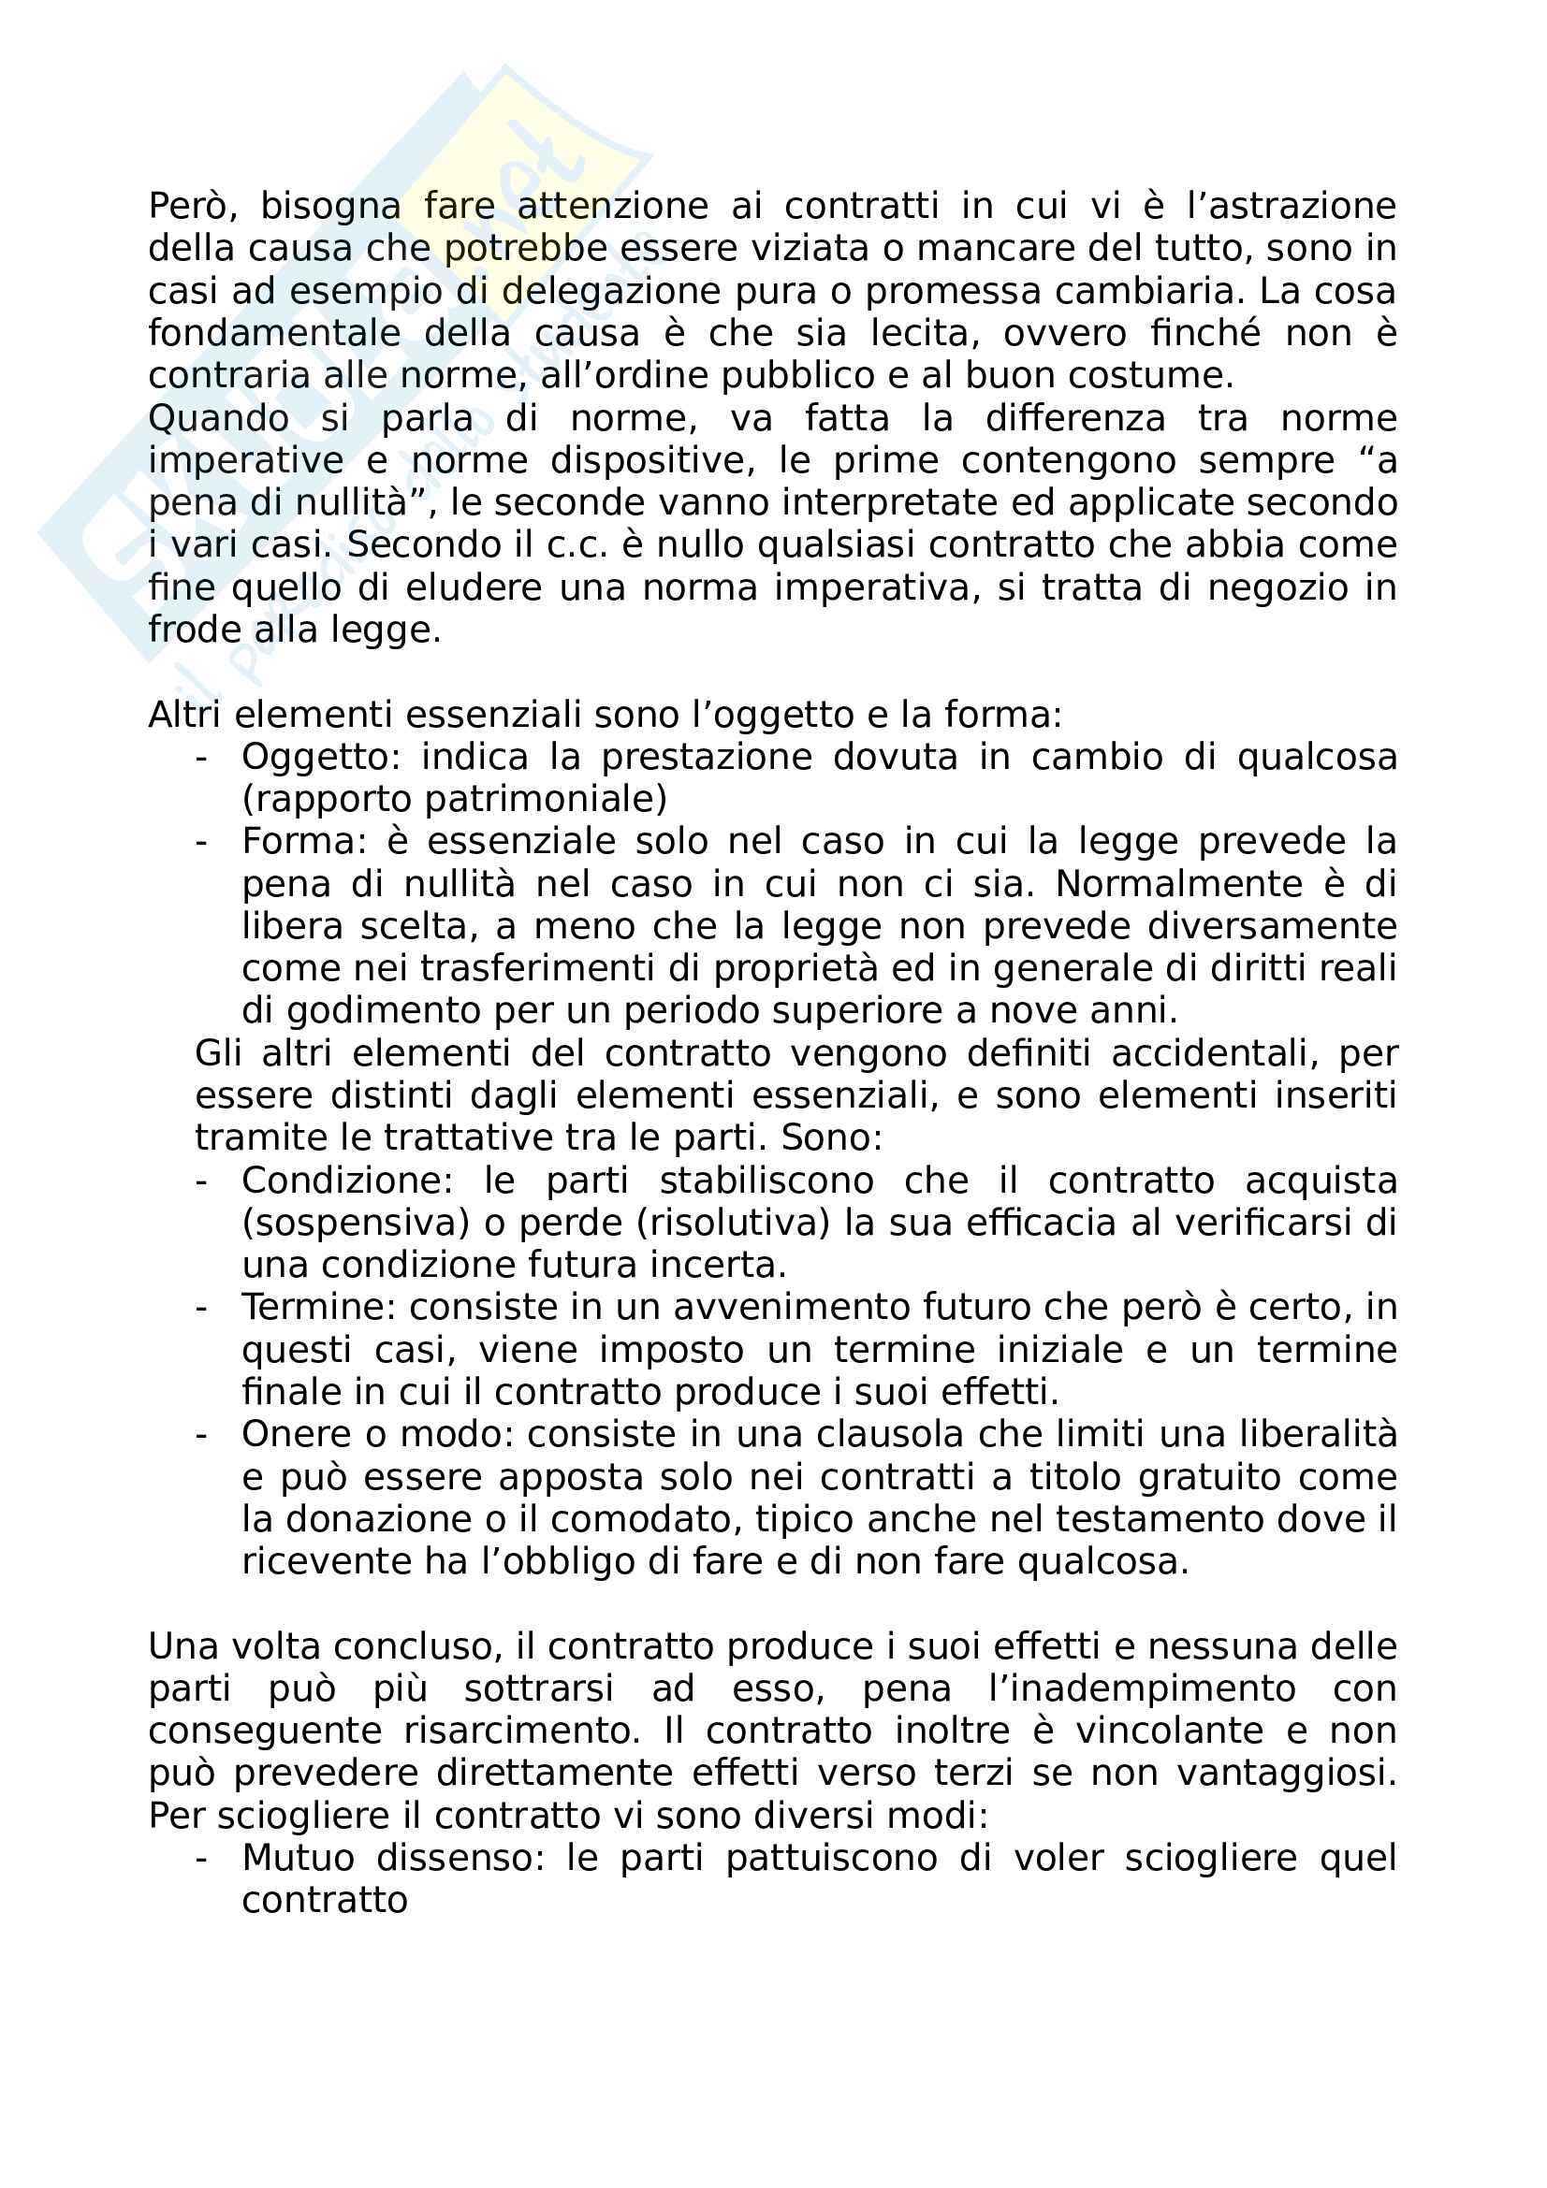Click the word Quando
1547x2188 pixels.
[x=218, y=418]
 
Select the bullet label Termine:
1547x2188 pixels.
[x=318, y=1307]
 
